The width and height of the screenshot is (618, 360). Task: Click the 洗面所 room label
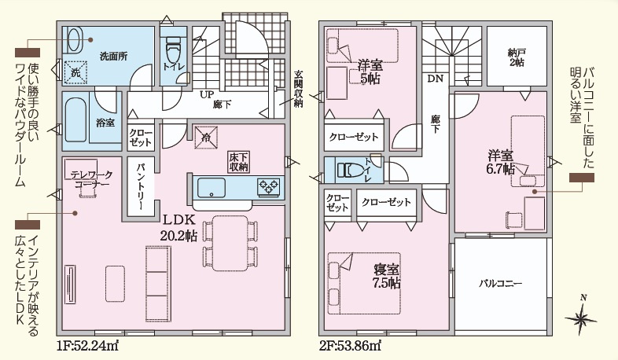click(113, 56)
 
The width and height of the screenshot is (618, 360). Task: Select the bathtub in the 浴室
click(75, 119)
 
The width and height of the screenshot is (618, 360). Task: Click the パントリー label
click(141, 187)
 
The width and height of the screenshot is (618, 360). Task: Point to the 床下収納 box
click(238, 161)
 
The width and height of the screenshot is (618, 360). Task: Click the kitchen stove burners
click(269, 186)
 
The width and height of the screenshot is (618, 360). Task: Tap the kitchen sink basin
click(212, 188)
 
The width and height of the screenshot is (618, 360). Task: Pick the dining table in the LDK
click(230, 243)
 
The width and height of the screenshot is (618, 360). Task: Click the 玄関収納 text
click(298, 89)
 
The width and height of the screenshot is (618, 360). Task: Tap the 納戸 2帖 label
click(516, 57)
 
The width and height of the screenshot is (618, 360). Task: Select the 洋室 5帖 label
click(370, 72)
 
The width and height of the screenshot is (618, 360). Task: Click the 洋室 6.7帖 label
click(501, 162)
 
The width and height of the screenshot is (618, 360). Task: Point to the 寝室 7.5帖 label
click(387, 276)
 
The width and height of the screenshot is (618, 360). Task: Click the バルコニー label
click(501, 283)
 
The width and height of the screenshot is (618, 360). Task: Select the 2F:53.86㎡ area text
click(350, 346)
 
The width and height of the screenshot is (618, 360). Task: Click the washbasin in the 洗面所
click(75, 39)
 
